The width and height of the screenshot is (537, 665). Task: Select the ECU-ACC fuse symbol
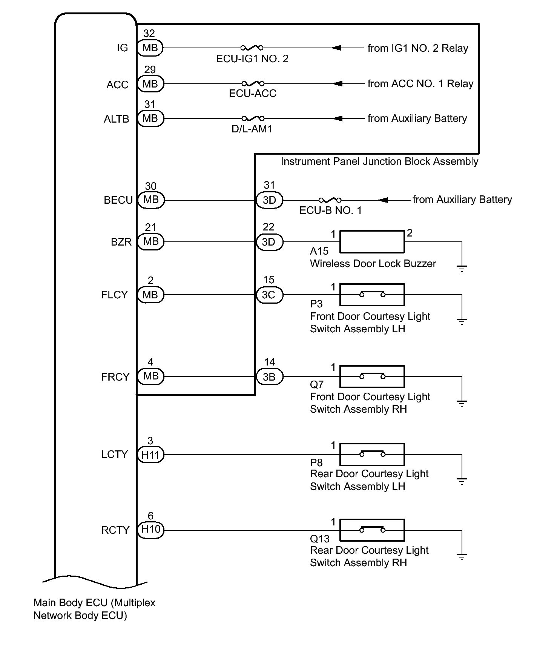[x=253, y=83]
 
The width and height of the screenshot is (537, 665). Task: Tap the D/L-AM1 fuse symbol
[x=253, y=118]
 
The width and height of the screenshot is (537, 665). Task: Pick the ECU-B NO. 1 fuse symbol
[x=330, y=200]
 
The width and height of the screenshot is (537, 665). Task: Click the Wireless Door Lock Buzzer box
[x=372, y=242]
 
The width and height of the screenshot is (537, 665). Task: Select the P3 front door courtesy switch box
[x=372, y=295]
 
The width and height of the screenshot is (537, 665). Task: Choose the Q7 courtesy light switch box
[x=372, y=376]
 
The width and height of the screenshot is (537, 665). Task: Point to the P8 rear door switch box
[x=372, y=455]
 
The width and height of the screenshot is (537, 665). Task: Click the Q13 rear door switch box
[x=372, y=530]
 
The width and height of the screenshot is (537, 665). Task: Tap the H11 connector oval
[x=150, y=455]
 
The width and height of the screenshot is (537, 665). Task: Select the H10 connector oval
[x=151, y=530]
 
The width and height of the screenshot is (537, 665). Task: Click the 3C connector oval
[x=269, y=295]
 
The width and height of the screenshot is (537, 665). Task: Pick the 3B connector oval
[x=269, y=376]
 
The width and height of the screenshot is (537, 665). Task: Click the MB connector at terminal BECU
[x=151, y=200]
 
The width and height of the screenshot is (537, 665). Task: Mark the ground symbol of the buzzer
[x=462, y=269]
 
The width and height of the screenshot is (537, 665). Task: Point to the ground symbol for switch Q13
[x=462, y=557]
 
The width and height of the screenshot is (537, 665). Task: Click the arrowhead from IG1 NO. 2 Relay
[x=336, y=48]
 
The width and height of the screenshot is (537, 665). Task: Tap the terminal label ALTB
[x=117, y=119]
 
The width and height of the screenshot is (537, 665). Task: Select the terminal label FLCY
[x=115, y=295]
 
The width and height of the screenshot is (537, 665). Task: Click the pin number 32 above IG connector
[x=149, y=34]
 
